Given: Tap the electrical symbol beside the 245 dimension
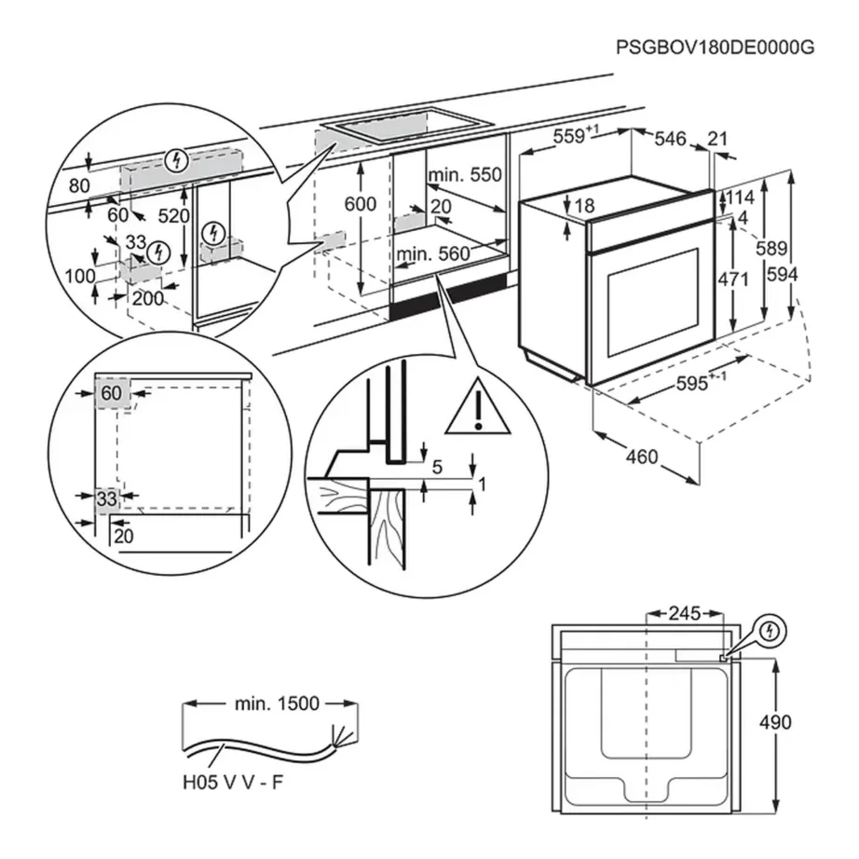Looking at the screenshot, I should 768,631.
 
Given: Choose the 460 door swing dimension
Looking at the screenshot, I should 642,457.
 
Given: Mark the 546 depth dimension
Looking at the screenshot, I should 669,139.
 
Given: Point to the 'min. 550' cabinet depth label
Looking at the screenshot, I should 464,175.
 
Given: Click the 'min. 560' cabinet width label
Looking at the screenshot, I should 433,253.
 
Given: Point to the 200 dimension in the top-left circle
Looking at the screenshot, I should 146,298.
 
